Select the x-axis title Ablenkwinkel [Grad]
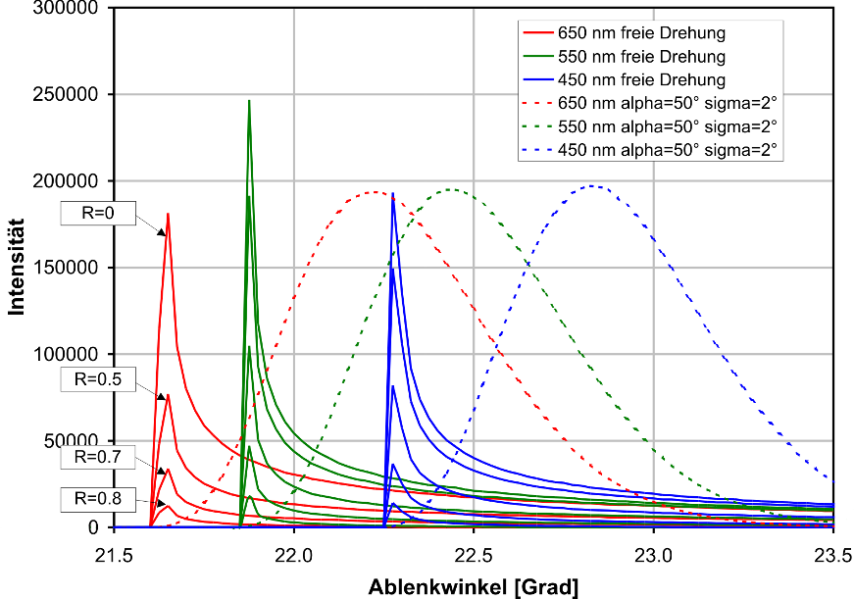pyautogui.click(x=474, y=587)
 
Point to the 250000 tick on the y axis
pyautogui.click(x=70, y=95)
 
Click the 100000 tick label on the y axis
pyautogui.click(x=70, y=355)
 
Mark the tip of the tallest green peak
pyautogui.click(x=249, y=100)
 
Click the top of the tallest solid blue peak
pyautogui.click(x=392, y=193)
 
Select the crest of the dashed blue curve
pyautogui.click(x=592, y=185)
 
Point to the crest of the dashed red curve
pyautogui.click(x=375, y=191)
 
